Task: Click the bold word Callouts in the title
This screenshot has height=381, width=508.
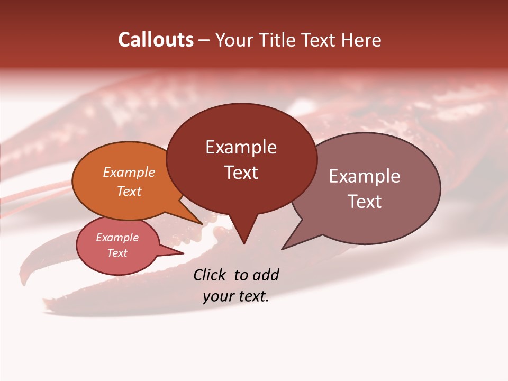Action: click(156, 40)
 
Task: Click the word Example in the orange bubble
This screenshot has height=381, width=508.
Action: click(129, 172)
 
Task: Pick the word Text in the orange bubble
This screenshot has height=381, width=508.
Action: click(129, 191)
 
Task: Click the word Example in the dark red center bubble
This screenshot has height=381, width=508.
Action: click(241, 147)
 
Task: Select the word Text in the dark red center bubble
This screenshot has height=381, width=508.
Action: click(241, 173)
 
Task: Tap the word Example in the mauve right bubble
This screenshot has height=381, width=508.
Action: click(364, 176)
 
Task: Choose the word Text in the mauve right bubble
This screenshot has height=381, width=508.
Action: click(364, 202)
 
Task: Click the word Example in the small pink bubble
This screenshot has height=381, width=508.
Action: click(117, 238)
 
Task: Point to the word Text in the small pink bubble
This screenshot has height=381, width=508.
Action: click(117, 253)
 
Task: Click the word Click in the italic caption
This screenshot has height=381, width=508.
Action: click(209, 275)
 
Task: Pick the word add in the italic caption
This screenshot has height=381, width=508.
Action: click(265, 275)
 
